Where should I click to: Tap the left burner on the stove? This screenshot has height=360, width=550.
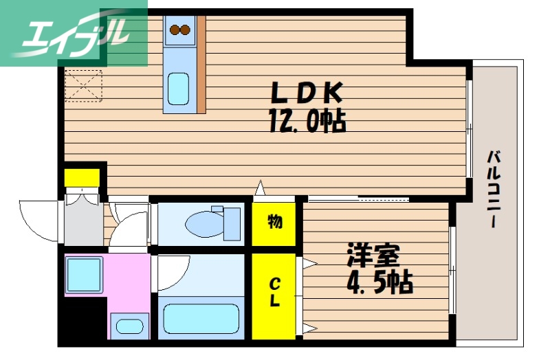175,30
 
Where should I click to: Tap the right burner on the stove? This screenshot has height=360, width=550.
186,30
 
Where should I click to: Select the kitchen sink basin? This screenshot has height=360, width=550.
179,87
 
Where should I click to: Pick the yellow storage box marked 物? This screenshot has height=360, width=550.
274,222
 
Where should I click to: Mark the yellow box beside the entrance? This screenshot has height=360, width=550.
81,177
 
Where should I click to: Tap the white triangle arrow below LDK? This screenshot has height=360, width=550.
260,188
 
